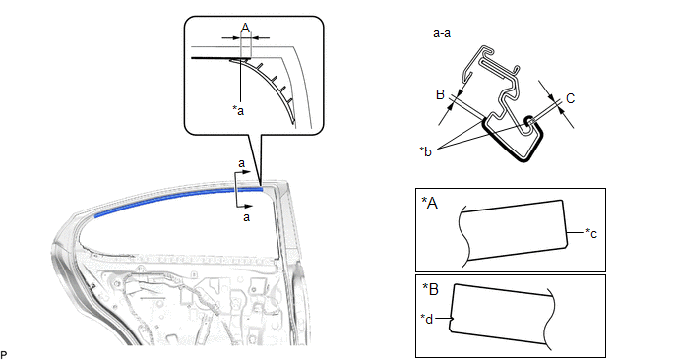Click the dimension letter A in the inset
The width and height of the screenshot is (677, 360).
pyautogui.click(x=245, y=29)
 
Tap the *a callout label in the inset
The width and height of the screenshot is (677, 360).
pyautogui.click(x=238, y=110)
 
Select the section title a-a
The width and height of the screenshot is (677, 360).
pyautogui.click(x=442, y=33)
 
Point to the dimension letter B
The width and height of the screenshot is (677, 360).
pyautogui.click(x=440, y=94)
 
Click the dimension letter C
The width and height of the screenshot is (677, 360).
pyautogui.click(x=570, y=98)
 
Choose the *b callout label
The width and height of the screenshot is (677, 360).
pyautogui.click(x=425, y=151)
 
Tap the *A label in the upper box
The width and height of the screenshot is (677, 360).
pyautogui.click(x=430, y=203)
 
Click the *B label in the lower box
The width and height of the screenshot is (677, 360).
pyautogui.click(x=430, y=289)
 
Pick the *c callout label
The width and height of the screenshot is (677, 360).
pyautogui.click(x=591, y=233)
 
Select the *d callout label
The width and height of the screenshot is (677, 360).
pyautogui.click(x=427, y=319)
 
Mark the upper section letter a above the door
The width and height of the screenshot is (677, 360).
pyautogui.click(x=241, y=163)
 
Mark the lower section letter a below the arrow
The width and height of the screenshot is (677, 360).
pyautogui.click(x=246, y=217)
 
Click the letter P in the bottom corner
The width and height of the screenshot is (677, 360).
pyautogui.click(x=4, y=355)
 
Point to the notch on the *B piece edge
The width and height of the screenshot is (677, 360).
pyautogui.click(x=453, y=320)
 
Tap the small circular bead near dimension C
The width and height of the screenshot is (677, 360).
pyautogui.click(x=528, y=121)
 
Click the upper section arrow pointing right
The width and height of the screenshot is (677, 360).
pyautogui.click(x=243, y=172)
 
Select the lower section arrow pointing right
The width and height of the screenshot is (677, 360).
pyautogui.click(x=244, y=207)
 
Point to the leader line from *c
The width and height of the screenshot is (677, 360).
pyautogui.click(x=575, y=233)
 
